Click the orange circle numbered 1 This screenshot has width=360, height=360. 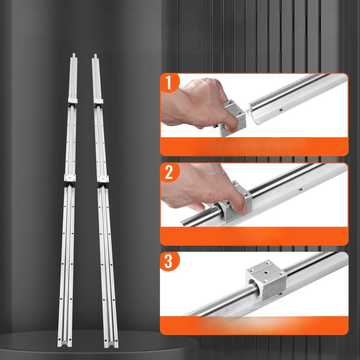click(169, 83)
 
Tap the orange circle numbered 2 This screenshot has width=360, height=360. click(169, 172)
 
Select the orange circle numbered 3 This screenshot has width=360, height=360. click(169, 261)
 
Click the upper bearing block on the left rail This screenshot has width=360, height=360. click(72, 102)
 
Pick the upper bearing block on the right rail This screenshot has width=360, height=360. click(98, 103)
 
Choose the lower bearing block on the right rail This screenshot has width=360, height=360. click(103, 181)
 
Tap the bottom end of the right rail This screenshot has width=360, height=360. click(111, 345)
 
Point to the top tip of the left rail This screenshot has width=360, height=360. click(73, 54)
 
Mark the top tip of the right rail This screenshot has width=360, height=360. click(95, 54)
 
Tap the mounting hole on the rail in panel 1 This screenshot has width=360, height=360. click(281, 110)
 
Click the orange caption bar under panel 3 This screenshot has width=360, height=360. click(254, 325)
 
